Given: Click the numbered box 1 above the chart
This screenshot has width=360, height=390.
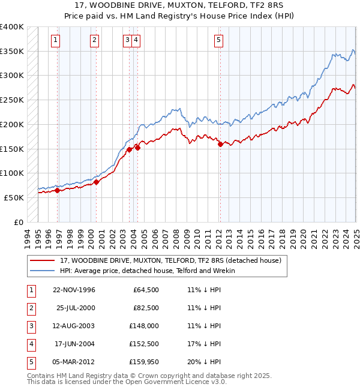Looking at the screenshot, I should (x=55, y=40).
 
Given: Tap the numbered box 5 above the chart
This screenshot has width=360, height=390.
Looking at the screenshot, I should (x=218, y=40).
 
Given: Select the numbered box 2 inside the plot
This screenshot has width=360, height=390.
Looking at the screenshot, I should (x=95, y=40).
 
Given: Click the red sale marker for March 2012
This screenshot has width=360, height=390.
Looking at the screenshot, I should (x=220, y=144).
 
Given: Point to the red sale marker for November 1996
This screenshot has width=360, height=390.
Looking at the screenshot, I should (x=58, y=191).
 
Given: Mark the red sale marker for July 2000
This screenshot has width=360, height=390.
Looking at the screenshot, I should (x=97, y=182).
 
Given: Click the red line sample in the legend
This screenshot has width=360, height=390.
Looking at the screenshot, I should (x=42, y=260).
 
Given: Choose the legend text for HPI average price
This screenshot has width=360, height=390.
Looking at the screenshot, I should (x=148, y=271).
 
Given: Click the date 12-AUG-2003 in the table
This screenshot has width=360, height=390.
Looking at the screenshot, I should (x=74, y=326).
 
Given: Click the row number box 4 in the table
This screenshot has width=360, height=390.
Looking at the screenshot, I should (x=29, y=344).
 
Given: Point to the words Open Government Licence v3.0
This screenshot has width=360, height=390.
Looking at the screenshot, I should (x=175, y=382).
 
